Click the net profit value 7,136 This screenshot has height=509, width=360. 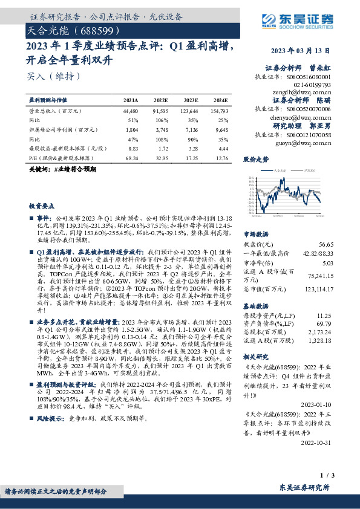[x=189, y=129]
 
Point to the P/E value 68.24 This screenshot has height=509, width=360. [x=131, y=157]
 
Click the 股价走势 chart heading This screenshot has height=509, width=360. [x=255, y=160]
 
